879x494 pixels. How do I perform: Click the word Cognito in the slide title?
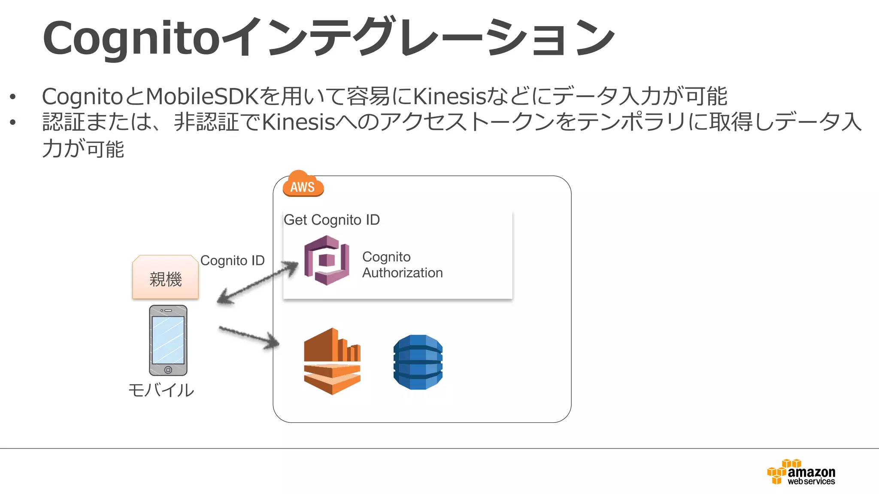point(131,39)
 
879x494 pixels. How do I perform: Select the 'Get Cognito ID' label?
point(332,220)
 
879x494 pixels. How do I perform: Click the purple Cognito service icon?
point(326,260)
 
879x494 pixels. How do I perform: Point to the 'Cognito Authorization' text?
point(402,265)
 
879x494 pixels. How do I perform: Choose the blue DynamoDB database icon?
point(418,362)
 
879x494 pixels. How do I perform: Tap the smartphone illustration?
point(168,340)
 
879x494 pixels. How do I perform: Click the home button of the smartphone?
point(168,370)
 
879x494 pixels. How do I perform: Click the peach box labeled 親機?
point(166,277)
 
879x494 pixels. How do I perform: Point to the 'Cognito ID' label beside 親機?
point(232,260)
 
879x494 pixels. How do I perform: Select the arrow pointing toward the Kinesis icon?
point(249,337)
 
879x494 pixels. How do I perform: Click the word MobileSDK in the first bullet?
point(202,96)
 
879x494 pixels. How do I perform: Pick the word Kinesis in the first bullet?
point(449,96)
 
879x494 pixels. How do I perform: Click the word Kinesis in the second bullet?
point(298,122)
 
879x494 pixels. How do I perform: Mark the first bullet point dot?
point(13,96)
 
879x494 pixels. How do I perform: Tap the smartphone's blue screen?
point(168,340)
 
